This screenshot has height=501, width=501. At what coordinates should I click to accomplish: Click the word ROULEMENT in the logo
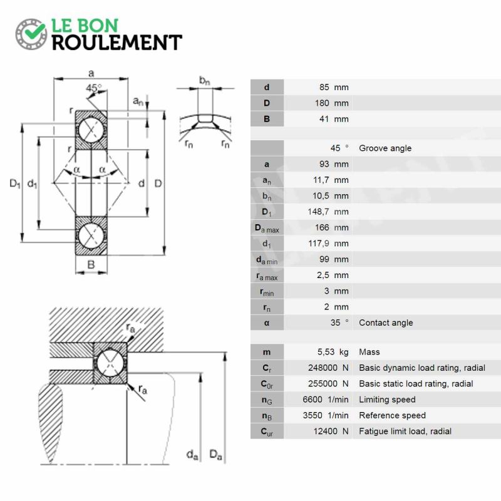click(x=117, y=43)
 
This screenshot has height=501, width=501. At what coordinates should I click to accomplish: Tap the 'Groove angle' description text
click(x=385, y=148)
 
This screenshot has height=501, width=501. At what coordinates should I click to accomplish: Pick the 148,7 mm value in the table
click(x=328, y=212)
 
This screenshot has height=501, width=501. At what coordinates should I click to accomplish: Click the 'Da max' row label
click(x=267, y=228)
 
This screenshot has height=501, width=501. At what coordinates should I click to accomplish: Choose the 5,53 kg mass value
click(x=333, y=352)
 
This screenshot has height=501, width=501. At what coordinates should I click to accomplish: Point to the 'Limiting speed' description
click(x=387, y=400)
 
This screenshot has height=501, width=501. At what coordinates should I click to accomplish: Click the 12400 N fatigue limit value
click(x=331, y=431)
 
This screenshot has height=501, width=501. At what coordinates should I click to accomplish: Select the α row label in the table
click(x=267, y=323)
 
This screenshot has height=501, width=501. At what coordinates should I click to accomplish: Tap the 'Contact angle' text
click(x=386, y=323)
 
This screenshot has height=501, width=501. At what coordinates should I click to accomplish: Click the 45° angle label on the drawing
click(x=93, y=88)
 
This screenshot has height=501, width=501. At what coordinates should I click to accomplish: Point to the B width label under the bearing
click(x=91, y=264)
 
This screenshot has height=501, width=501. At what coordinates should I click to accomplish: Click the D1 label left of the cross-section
click(x=14, y=183)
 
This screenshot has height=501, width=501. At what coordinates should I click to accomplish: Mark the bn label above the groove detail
click(x=205, y=80)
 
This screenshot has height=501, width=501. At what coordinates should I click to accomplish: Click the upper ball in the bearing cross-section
click(x=91, y=130)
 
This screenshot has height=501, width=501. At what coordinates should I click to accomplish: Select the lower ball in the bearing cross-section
click(x=91, y=236)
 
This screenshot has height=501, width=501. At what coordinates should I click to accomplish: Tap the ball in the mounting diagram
click(x=110, y=363)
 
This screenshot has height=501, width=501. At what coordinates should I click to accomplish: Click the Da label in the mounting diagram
click(x=215, y=455)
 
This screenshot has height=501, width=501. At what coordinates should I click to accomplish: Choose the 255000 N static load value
click(x=328, y=383)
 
